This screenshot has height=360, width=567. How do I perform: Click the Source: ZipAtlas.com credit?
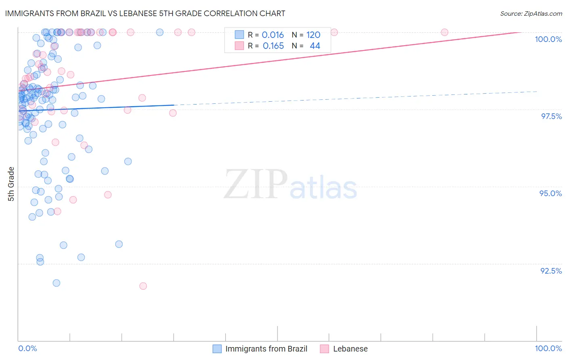(531, 13)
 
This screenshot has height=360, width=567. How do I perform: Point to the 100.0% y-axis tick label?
(548, 39)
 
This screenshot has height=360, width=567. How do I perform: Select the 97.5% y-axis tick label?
(551, 116)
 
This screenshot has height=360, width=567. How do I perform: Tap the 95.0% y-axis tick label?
(550, 193)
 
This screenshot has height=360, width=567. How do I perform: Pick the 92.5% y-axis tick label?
(551, 271)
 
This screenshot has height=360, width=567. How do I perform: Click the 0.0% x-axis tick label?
(27, 348)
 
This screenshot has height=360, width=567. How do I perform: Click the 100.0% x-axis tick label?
(548, 348)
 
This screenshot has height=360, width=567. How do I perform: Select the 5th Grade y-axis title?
(11, 184)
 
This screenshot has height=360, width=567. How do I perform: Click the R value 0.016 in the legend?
(273, 35)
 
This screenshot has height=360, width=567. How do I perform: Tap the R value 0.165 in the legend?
(273, 46)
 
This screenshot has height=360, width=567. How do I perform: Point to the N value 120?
(313, 35)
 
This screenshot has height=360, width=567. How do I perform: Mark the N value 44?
(315, 46)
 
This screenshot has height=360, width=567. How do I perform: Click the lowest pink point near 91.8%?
(143, 286)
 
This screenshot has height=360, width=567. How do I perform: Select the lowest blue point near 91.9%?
(56, 283)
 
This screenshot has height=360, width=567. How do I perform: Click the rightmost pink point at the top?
(444, 32)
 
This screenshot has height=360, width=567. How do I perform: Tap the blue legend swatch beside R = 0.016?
(240, 35)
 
